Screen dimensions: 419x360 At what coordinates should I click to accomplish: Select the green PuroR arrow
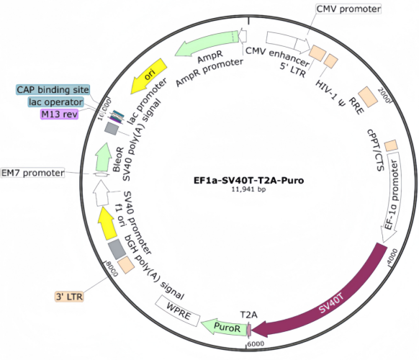(226, 326)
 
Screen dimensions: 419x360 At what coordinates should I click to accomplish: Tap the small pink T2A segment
(249, 330)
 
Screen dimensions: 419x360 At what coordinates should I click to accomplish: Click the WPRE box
(178, 311)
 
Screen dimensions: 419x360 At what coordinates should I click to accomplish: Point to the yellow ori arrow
(148, 76)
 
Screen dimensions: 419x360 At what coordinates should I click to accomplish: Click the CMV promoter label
(348, 9)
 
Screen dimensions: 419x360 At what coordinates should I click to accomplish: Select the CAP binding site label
(53, 89)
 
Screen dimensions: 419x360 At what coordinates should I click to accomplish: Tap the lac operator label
(56, 102)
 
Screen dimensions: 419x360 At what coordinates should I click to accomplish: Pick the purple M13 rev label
(59, 114)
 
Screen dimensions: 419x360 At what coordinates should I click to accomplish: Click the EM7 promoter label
(32, 173)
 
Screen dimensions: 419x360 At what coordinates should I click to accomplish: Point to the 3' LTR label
(69, 297)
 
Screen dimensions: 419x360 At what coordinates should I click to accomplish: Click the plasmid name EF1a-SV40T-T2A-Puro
(248, 181)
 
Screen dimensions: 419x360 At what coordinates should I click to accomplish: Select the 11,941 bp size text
(248, 189)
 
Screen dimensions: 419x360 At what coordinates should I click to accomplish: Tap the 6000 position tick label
(256, 343)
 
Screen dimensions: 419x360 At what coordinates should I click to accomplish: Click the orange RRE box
(368, 96)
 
